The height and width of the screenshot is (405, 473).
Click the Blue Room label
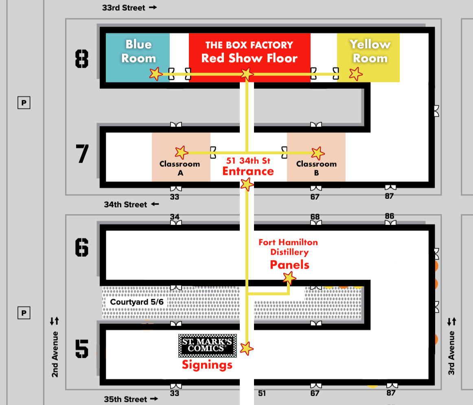coord(138,51)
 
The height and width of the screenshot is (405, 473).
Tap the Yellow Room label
coord(370,51)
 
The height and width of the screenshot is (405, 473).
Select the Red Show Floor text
coord(249,58)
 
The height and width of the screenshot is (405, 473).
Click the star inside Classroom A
coord(182,152)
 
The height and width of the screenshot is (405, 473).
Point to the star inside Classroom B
coord(318,153)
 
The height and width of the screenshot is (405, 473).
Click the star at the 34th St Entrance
coord(247,185)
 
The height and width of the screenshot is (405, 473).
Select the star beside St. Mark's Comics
coord(247,348)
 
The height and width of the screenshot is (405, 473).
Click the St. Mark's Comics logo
coord(207,345)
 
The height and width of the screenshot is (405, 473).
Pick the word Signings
coord(207,365)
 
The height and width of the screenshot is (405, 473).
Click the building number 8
coord(82,59)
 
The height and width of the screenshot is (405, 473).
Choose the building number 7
coord(83,154)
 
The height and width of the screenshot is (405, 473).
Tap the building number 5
coord(82,349)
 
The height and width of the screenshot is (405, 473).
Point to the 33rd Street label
coord(125,7)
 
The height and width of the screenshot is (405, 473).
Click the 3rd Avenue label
coord(451,353)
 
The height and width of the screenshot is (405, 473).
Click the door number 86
coord(390,216)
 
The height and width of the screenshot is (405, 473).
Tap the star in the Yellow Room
coord(356,74)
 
